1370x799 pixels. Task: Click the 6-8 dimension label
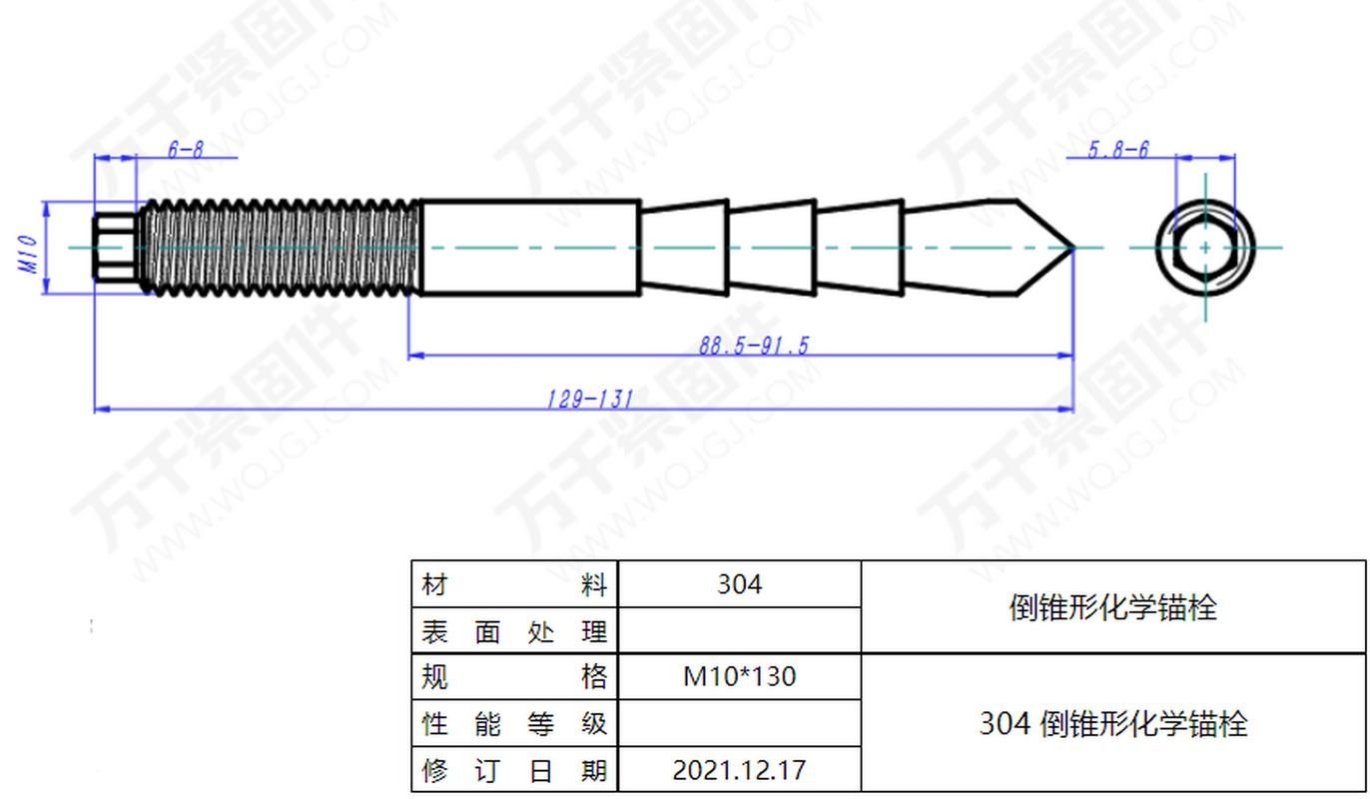[x=185, y=150]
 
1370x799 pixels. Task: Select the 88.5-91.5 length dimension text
[x=753, y=346]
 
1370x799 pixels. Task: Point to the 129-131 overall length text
[x=589, y=399]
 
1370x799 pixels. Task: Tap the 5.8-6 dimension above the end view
[x=1117, y=150]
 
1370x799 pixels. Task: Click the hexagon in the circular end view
[x=1205, y=248]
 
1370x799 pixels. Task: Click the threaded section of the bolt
[x=280, y=248]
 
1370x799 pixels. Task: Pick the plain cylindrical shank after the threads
[x=529, y=248]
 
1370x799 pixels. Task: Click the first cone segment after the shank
[x=683, y=248]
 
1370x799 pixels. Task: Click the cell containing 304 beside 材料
[x=739, y=584]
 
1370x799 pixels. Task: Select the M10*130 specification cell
[x=739, y=677]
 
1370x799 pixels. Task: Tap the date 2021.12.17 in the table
[x=739, y=770]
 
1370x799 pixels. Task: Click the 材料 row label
[x=514, y=585]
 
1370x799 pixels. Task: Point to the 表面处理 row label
[x=514, y=631]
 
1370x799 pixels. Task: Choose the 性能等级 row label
[x=514, y=723]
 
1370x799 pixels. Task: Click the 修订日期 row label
[x=514, y=770]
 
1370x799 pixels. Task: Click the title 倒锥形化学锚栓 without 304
[x=1112, y=607]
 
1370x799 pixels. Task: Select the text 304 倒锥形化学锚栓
[x=1112, y=723]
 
